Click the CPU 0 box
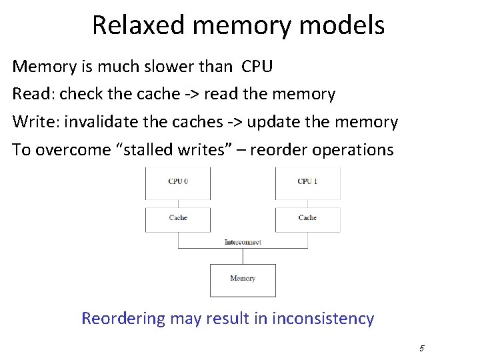point(178,183)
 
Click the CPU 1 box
point(307,183)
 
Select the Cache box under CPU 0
point(178,219)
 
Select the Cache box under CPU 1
point(307,219)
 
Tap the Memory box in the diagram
point(243,280)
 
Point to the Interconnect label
point(243,242)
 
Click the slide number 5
point(422,348)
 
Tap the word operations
point(353,150)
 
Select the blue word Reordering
point(123,319)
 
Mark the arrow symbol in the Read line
point(191,95)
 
